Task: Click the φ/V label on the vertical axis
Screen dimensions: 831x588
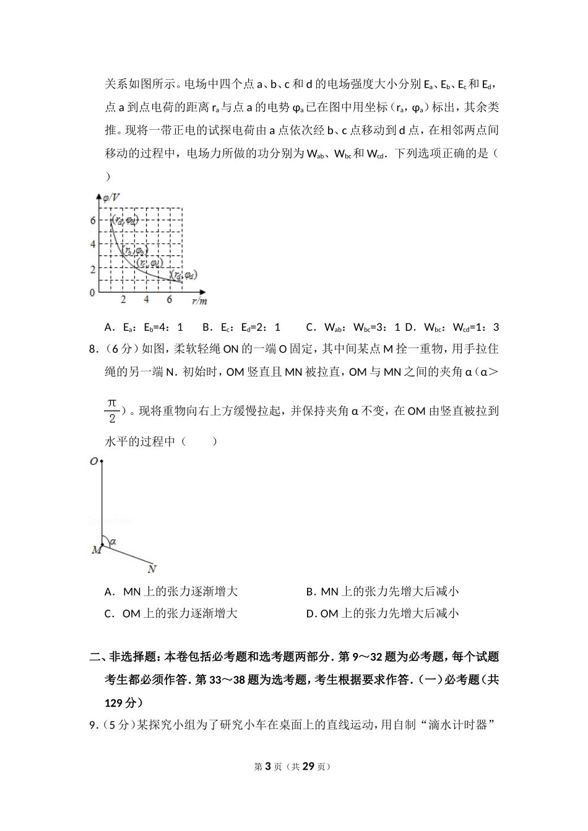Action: tap(112, 197)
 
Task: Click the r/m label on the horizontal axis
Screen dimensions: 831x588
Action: tap(199, 301)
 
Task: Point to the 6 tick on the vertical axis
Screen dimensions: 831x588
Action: tap(93, 221)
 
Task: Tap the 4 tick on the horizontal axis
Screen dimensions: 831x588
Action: tap(146, 300)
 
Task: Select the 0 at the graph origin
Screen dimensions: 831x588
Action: tap(93, 292)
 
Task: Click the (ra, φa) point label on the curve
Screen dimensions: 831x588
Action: tap(124, 219)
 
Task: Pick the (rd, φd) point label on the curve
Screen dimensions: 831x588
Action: tap(185, 275)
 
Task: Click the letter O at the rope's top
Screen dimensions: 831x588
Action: tap(93, 462)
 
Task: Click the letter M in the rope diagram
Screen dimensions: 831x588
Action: tap(96, 550)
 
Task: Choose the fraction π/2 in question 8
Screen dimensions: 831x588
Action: tap(111, 411)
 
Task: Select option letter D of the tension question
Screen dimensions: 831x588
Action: tap(311, 614)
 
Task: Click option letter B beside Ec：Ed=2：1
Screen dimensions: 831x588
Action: tap(207, 327)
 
